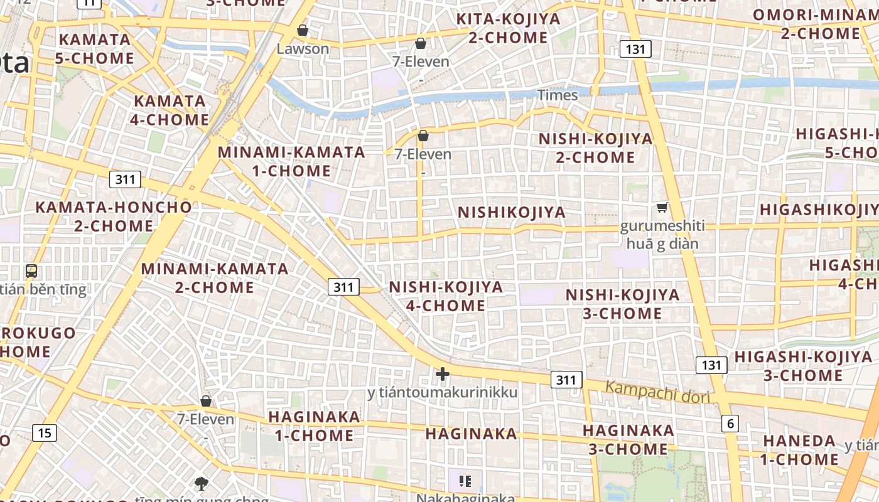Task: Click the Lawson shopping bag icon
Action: (x=302, y=30)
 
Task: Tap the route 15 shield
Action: (x=44, y=432)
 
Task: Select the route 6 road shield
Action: (x=730, y=424)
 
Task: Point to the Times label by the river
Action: (x=557, y=95)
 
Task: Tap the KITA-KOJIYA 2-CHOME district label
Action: (x=508, y=28)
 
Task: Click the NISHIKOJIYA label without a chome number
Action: (x=511, y=212)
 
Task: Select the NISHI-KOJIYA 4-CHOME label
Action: (x=446, y=296)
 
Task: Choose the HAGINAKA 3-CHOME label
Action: (x=628, y=440)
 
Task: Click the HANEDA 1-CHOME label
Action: (x=799, y=450)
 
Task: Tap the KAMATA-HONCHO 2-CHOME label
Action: (x=114, y=216)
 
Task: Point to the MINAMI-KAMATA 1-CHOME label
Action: (x=291, y=161)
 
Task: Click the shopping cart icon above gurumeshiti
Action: (x=662, y=207)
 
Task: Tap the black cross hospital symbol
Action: (x=443, y=374)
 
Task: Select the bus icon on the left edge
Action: (x=31, y=271)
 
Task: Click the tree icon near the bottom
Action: (x=202, y=483)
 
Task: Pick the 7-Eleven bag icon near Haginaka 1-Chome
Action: (x=205, y=401)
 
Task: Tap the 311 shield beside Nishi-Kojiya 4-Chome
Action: (x=343, y=287)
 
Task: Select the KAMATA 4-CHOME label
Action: (x=171, y=110)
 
